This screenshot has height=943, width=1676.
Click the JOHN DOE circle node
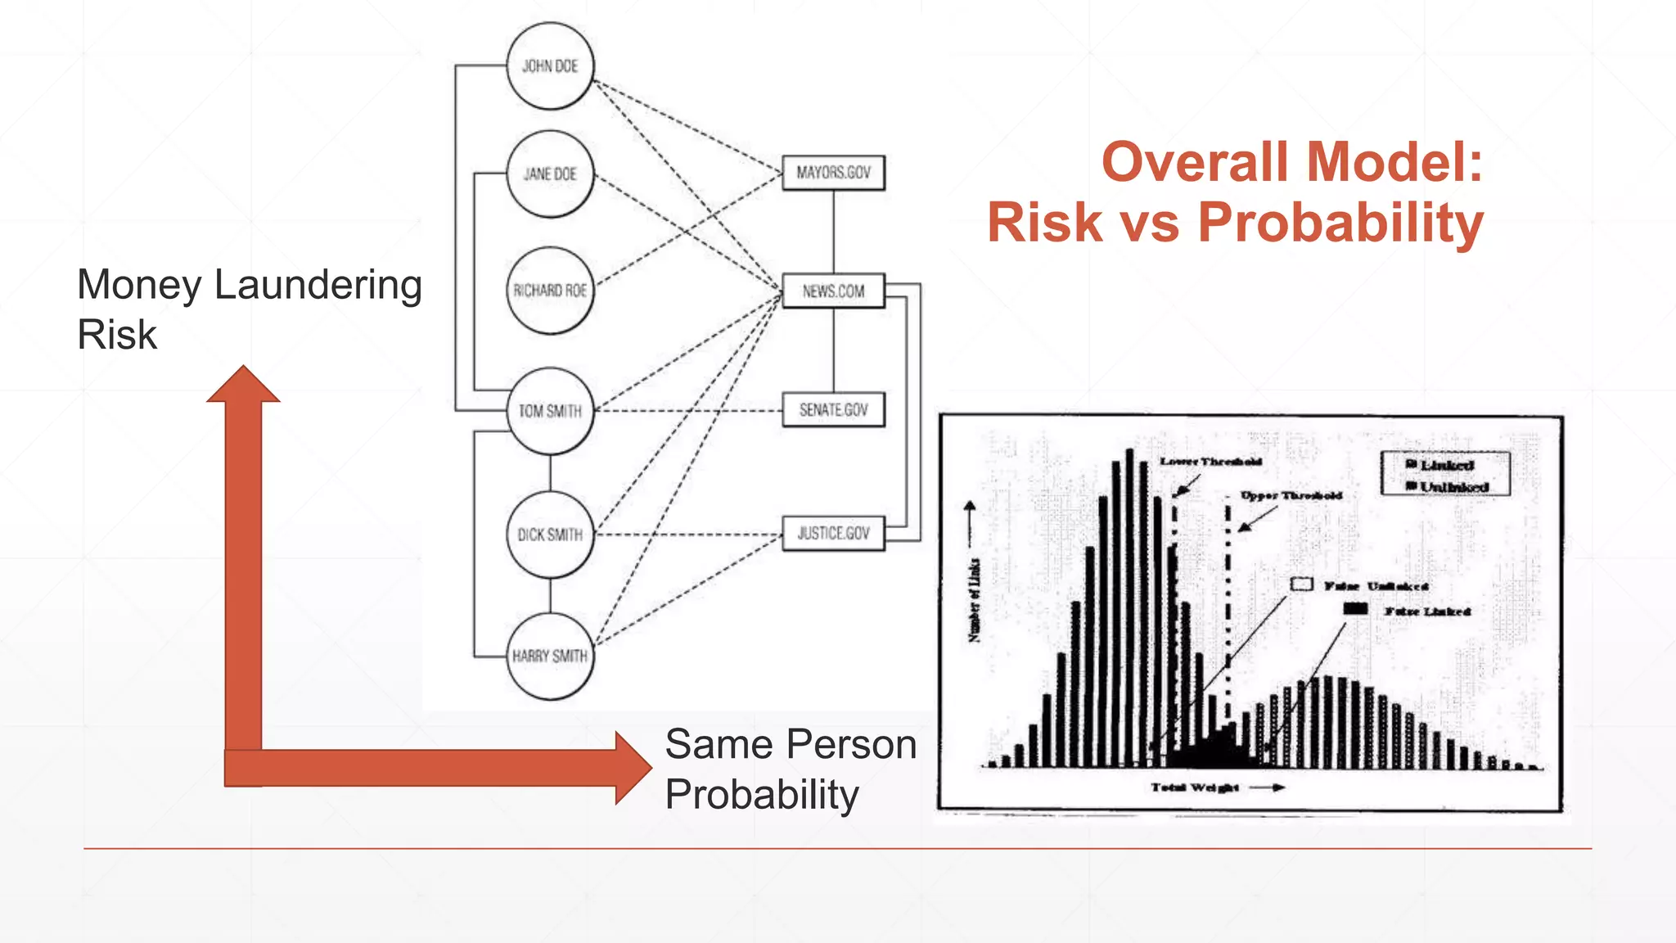coord(550,66)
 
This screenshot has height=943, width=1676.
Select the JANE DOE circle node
coord(550,174)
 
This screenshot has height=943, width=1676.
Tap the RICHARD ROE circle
coord(550,291)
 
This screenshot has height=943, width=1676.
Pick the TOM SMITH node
coord(550,411)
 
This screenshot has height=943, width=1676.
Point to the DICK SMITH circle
coord(550,535)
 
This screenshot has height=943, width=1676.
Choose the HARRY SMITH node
coord(550,656)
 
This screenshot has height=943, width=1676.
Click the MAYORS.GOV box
coord(833,173)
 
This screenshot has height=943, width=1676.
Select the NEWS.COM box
coord(833,291)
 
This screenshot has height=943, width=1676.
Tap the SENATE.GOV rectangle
coord(833,409)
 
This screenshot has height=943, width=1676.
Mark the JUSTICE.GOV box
coord(833,534)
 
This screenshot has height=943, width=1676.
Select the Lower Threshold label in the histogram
coord(1210,462)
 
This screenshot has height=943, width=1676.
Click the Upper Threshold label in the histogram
coord(1291,495)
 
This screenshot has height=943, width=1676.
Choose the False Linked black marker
coord(1355,609)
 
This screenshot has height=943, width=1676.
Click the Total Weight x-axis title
coord(1195,787)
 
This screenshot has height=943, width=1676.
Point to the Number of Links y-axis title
coord(974,601)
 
